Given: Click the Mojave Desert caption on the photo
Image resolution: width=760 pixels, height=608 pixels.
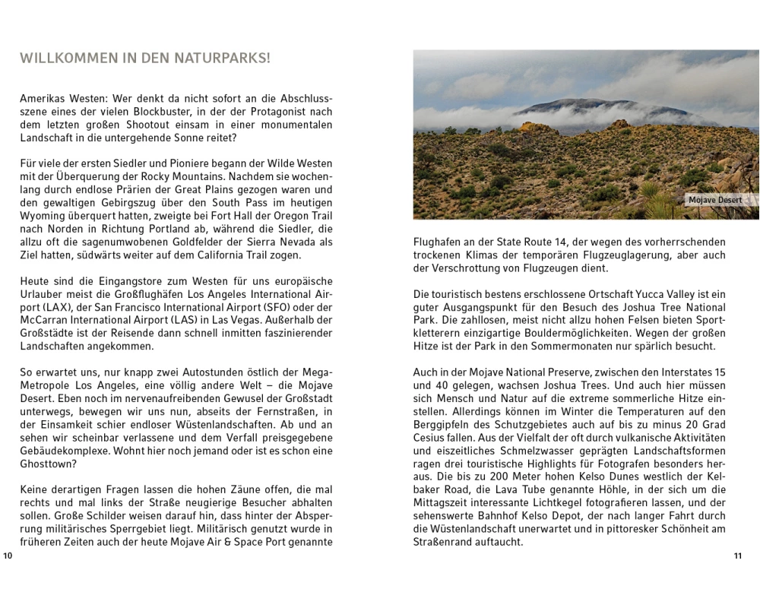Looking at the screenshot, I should (x=714, y=201).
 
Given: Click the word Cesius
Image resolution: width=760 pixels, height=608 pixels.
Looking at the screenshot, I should (x=430, y=438).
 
